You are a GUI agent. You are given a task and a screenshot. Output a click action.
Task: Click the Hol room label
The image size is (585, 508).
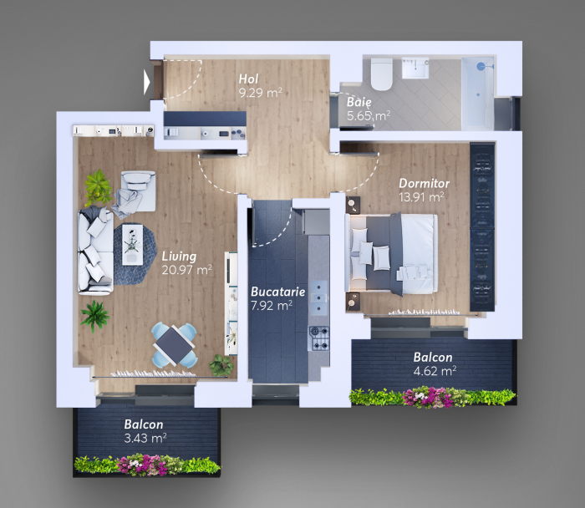tap(248, 79)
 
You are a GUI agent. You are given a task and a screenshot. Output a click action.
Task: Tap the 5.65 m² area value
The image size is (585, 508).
tap(369, 116)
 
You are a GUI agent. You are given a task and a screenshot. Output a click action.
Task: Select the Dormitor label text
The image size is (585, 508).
tap(425, 183)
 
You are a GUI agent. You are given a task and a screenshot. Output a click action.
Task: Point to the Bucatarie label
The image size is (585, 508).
tap(278, 292)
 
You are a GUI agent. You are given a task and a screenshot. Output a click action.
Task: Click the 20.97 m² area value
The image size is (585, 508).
tap(187, 270)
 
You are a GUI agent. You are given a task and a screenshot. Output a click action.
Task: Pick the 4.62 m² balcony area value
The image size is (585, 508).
tap(435, 371)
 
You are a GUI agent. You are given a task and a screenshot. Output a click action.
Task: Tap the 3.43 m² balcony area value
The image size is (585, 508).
tap(145, 438)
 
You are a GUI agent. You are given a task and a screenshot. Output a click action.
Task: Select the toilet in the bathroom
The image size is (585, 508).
tap(381, 74)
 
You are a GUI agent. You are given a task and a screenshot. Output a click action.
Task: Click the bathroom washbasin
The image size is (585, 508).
tap(415, 68)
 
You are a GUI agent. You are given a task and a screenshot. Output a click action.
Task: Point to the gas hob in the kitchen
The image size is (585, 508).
tap(318, 338)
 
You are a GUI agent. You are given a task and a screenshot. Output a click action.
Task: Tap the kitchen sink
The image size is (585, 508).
tap(319, 298)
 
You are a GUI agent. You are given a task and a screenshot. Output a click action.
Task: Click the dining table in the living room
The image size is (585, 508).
tap(174, 345)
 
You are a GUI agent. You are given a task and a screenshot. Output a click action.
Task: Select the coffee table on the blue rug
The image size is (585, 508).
tap(132, 244)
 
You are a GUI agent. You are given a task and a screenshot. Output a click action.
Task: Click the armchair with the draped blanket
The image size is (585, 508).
tap(135, 194)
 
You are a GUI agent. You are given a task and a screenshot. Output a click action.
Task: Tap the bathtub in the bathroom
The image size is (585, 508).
tap(478, 94)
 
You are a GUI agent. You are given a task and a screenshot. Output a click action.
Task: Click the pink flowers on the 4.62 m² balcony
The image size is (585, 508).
tap(429, 397)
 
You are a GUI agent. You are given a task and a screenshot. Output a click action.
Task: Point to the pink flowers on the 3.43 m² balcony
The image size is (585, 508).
tap(143, 465)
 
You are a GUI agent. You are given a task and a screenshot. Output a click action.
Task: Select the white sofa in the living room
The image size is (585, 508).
tap(95, 251)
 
